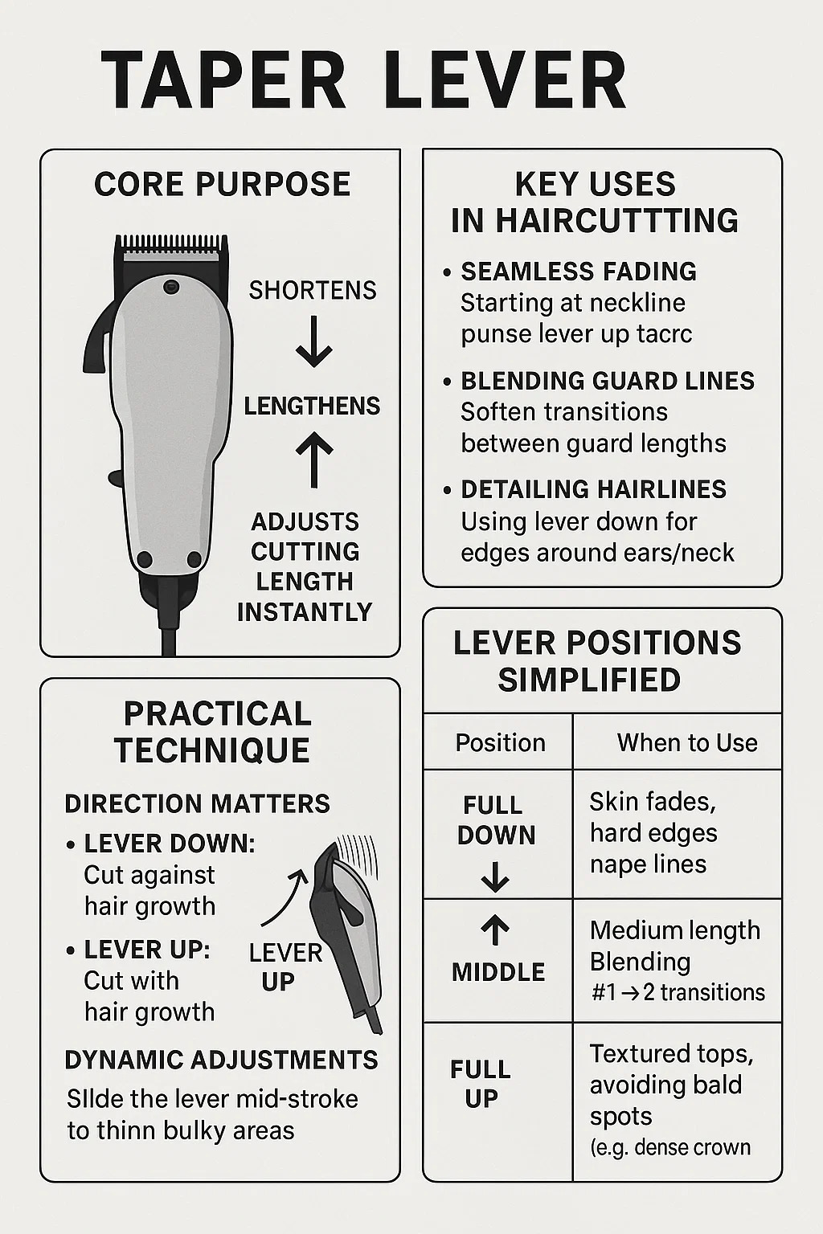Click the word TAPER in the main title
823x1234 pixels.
(223, 80)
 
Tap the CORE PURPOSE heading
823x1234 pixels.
(222, 184)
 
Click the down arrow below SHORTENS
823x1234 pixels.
(313, 341)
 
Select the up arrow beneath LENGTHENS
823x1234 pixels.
(314, 460)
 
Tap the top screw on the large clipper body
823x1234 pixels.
(171, 287)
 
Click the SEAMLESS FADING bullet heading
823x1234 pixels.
(579, 272)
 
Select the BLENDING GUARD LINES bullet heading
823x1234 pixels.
(608, 382)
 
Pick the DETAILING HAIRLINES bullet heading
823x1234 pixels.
(594, 489)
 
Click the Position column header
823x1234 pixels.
(500, 742)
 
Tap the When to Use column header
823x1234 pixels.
(687, 742)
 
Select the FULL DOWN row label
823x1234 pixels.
(496, 820)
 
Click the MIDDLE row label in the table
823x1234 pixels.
(498, 972)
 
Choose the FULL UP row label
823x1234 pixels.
(481, 1084)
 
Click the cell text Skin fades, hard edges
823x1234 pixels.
(653, 818)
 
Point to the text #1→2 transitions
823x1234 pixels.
(678, 992)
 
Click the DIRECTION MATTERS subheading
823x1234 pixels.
(198, 803)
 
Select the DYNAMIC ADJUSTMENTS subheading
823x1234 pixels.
(222, 1060)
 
